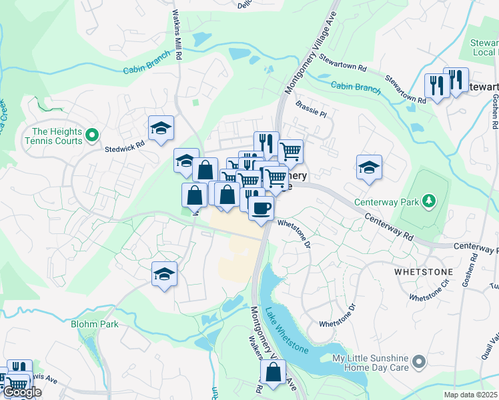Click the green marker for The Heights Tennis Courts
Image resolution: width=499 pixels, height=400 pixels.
click(x=93, y=136)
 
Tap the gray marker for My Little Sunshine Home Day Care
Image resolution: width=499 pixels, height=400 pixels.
click(x=418, y=363)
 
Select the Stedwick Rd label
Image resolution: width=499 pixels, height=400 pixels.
click(x=124, y=143)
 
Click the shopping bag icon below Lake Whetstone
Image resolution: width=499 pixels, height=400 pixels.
click(x=273, y=373)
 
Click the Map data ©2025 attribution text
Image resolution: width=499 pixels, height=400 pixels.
click(x=471, y=395)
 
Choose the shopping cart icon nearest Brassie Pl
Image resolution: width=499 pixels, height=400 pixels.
click(x=290, y=151)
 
